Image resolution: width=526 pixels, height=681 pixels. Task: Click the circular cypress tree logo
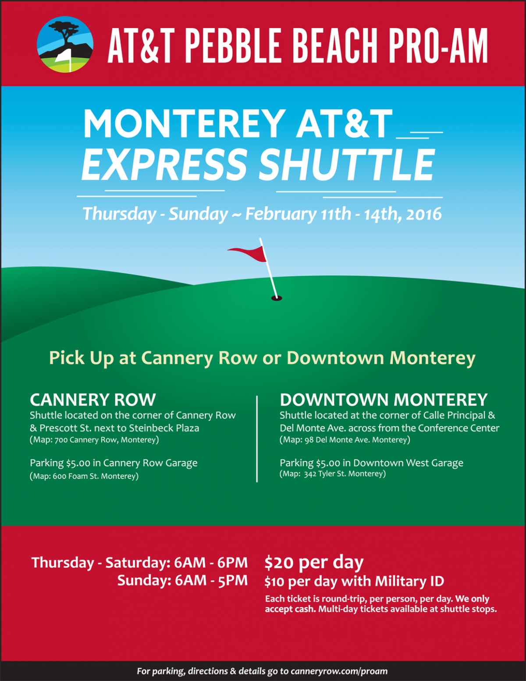[65, 44]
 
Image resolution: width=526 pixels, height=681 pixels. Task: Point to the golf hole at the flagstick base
[276, 298]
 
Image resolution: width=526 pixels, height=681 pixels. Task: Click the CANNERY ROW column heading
[93, 399]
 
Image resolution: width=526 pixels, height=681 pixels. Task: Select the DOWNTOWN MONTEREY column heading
[384, 399]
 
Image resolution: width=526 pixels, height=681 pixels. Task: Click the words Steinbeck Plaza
[164, 428]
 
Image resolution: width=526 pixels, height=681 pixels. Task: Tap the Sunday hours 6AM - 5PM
[211, 581]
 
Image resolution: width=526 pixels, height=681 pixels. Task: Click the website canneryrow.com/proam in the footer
[339, 671]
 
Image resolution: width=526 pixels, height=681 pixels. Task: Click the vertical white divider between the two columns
[257, 439]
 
